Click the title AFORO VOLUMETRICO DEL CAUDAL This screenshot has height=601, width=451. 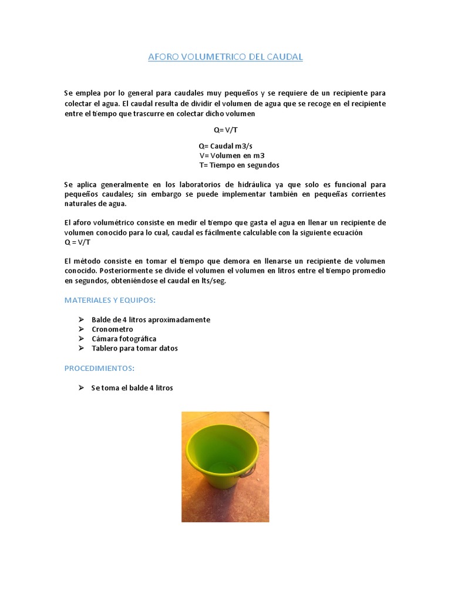tap(225, 57)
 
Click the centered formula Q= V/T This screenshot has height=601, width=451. tap(225, 130)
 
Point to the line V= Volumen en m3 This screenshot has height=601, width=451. tap(232, 156)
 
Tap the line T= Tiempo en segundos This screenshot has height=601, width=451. tap(239, 165)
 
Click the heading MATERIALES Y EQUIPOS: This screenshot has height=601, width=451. tap(110, 300)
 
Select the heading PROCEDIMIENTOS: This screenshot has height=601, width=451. tap(99, 368)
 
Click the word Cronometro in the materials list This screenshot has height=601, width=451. tap(112, 329)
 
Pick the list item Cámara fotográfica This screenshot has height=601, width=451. tap(124, 339)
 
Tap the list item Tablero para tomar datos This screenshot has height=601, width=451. tap(134, 348)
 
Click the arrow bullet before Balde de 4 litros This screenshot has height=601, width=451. tap(81, 320)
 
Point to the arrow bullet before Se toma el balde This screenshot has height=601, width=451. tap(81, 388)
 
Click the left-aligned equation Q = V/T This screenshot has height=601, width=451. tap(77, 242)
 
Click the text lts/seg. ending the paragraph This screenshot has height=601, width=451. tap(211, 281)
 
